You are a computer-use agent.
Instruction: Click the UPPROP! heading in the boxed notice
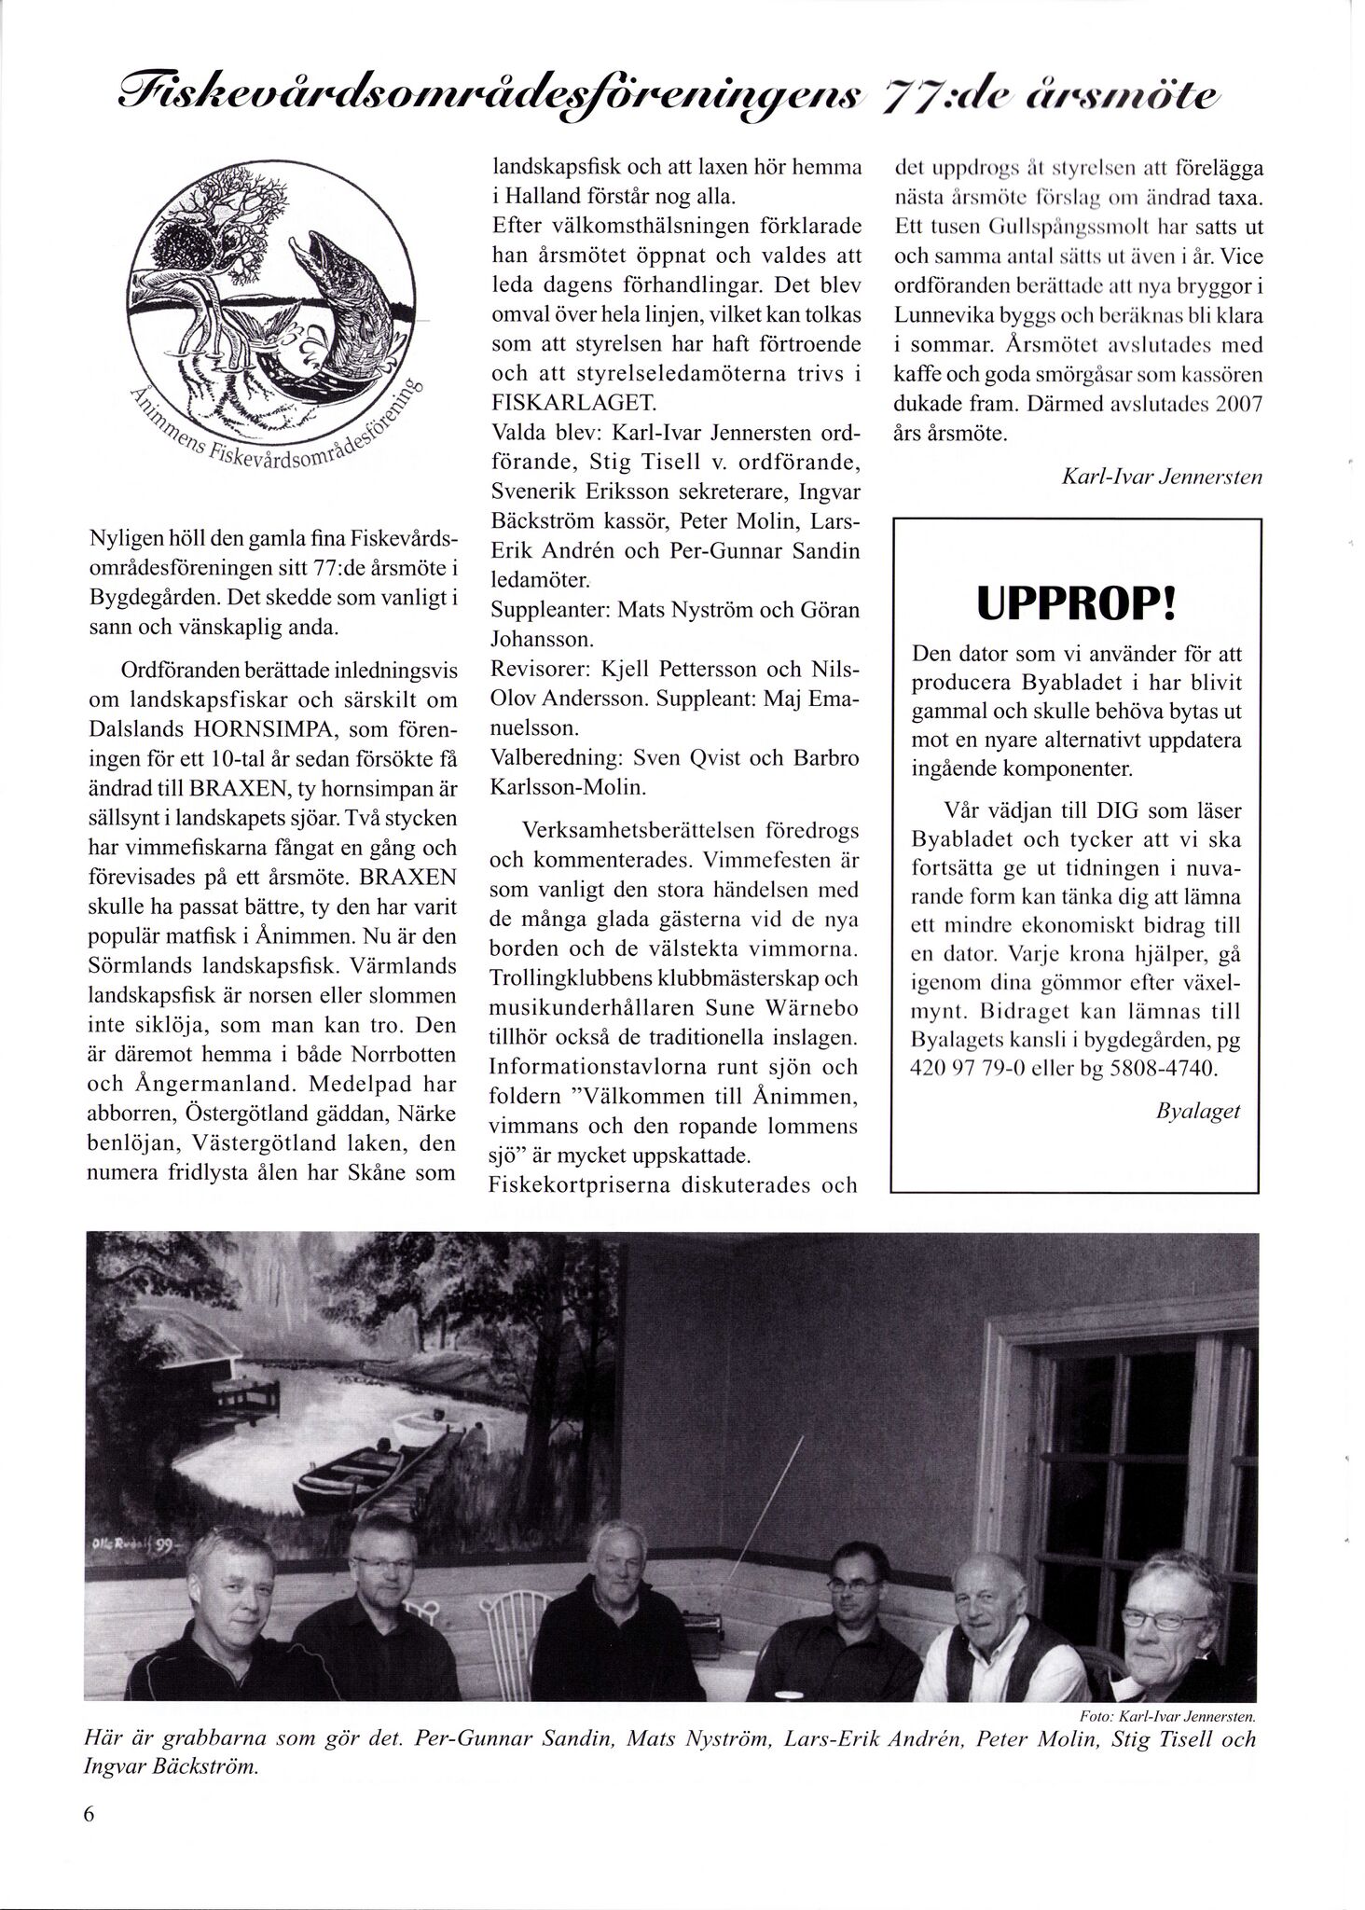(1077, 604)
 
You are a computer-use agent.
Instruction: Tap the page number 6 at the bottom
(90, 1840)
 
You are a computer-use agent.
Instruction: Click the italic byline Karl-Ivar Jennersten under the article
(1161, 477)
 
